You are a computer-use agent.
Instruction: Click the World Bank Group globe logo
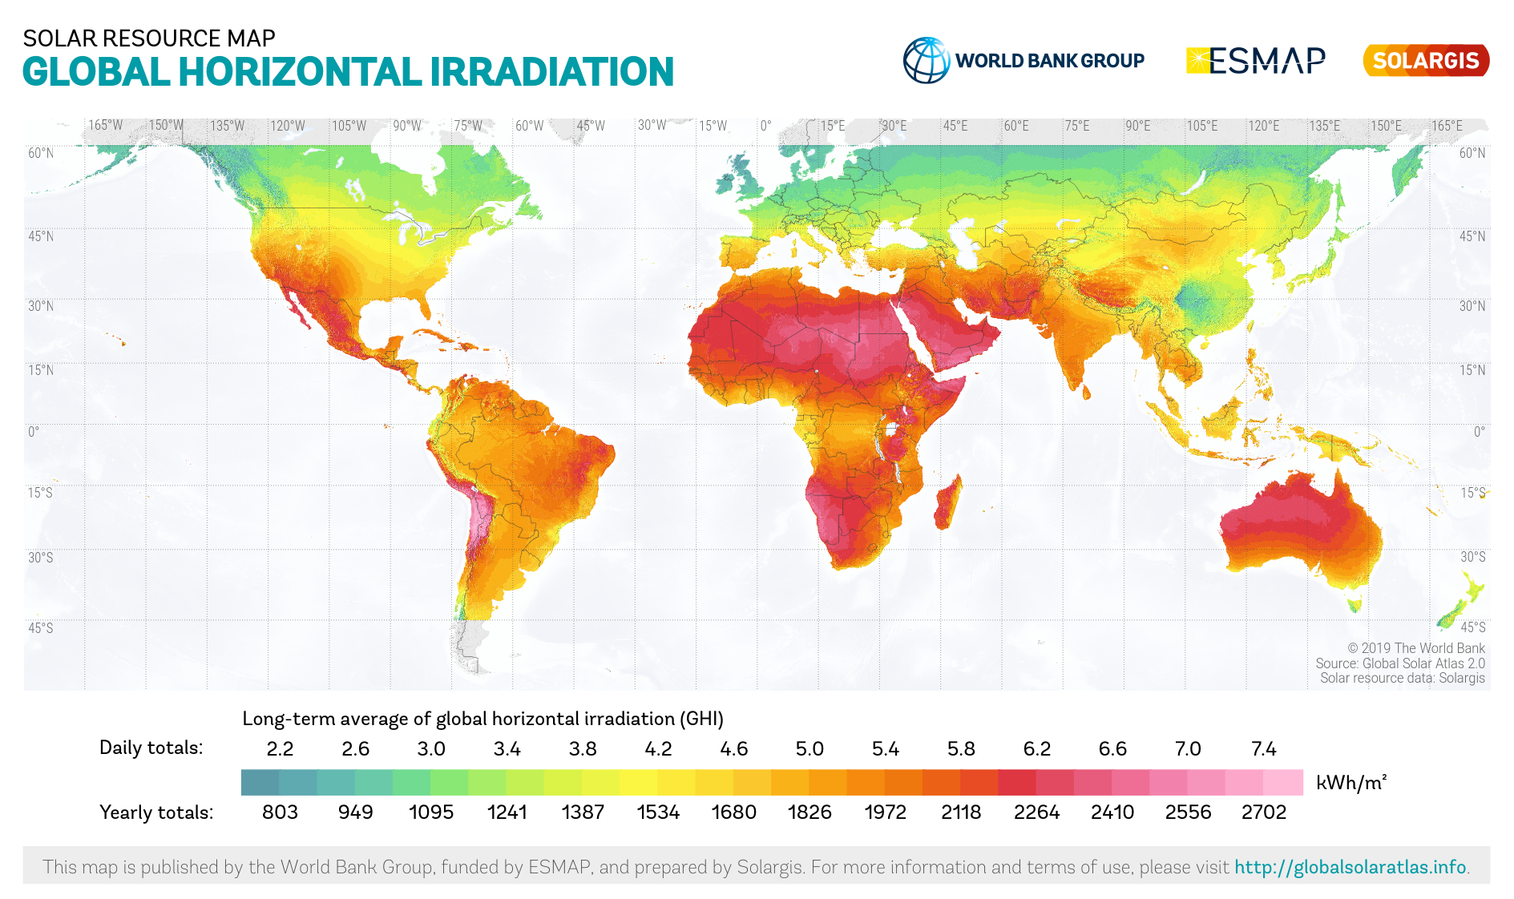(927, 60)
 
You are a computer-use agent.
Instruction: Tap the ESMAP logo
(1255, 60)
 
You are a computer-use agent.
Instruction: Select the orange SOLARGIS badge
(1426, 61)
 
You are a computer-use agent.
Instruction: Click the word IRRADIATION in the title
(551, 72)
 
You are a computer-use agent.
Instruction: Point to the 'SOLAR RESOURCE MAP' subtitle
(149, 38)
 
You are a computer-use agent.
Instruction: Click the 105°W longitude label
(349, 126)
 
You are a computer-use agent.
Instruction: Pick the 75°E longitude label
(1077, 126)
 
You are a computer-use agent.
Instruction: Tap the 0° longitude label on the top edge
(766, 126)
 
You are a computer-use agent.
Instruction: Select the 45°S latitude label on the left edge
(40, 627)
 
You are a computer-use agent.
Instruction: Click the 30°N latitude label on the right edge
(1472, 306)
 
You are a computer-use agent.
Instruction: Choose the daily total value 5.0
(809, 748)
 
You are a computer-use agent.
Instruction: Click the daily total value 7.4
(1263, 748)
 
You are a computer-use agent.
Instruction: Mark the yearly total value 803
(280, 812)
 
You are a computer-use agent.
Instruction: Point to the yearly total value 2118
(961, 812)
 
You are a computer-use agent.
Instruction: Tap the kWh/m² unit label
(1351, 782)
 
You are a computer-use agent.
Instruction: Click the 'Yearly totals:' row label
(156, 812)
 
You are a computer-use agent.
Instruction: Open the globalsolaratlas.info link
(1350, 867)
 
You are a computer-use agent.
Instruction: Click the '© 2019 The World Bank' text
(1415, 648)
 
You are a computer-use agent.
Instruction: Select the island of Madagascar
(947, 502)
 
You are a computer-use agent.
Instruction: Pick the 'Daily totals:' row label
(151, 748)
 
